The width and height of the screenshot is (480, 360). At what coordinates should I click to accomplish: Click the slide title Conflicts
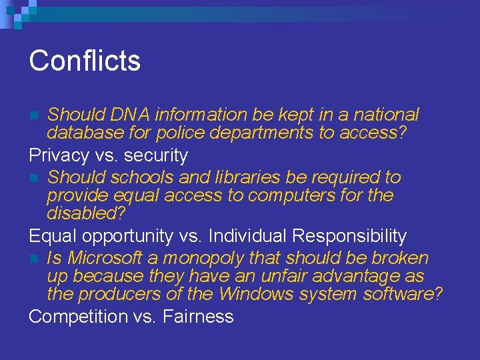point(85,60)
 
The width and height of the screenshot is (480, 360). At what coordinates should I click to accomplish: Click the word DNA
point(127,115)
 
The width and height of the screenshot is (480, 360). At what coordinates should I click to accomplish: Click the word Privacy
point(59,155)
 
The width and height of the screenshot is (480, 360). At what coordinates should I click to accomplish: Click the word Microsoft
point(109,258)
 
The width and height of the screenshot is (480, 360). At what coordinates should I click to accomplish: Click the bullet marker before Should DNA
point(35,115)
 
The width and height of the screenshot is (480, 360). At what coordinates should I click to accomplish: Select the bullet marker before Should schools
point(35,178)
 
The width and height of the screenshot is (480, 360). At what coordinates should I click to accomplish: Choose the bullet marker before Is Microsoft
point(35,259)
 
